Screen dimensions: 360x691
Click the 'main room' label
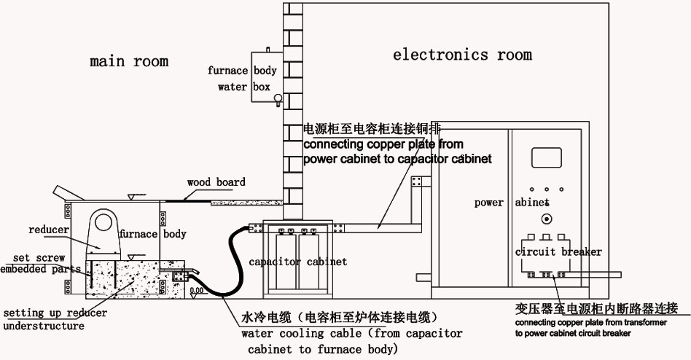(x=129, y=61)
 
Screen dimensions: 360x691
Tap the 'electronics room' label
(x=462, y=55)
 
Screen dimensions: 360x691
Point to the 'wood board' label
(x=216, y=182)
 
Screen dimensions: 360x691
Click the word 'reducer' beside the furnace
(x=48, y=230)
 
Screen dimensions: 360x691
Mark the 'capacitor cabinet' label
(x=298, y=262)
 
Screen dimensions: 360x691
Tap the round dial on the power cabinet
(x=544, y=219)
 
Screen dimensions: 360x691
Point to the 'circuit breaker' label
(x=558, y=252)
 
